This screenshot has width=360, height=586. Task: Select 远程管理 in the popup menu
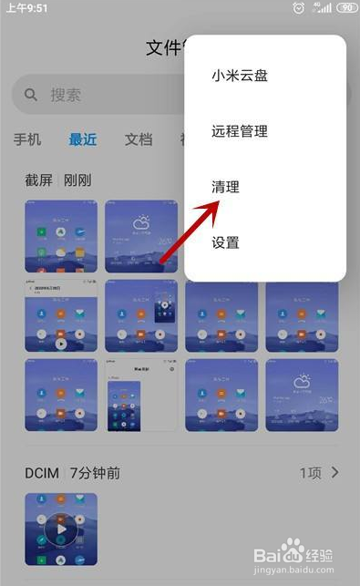pos(240,131)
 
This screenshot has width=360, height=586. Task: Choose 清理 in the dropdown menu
pos(225,187)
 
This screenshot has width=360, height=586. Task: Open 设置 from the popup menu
pos(225,242)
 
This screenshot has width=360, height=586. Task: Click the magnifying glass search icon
pos(31,95)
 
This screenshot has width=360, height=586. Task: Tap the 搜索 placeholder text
pos(66,95)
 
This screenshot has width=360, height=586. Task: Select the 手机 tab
pos(27,139)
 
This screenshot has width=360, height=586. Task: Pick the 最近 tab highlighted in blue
pos(83,139)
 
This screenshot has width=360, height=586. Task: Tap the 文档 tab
pos(139,139)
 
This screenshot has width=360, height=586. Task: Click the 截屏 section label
pos(39,180)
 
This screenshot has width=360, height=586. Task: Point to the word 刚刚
pos(78,180)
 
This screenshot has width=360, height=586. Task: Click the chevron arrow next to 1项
pos(335,472)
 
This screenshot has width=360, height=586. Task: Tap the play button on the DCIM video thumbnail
pos(60,529)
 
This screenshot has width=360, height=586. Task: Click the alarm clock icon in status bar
pos(299,7)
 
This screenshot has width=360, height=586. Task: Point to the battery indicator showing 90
pos(345,7)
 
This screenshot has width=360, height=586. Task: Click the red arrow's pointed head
pos(217,205)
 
